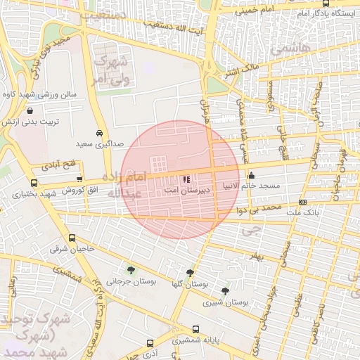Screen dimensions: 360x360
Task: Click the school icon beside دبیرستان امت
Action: click(x=185, y=179)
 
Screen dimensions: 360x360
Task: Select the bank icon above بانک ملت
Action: click(x=302, y=202)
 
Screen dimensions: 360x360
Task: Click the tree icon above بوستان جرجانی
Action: click(x=130, y=270)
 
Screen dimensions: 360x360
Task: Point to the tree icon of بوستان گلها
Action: click(x=190, y=273)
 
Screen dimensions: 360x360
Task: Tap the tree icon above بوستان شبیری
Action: click(x=225, y=290)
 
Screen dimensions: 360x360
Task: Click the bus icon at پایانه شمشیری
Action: click(x=196, y=328)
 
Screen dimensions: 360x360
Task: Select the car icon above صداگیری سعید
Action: click(x=99, y=133)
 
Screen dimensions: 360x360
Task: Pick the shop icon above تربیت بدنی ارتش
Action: click(x=30, y=111)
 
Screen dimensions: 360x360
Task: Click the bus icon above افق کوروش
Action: click(x=79, y=180)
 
